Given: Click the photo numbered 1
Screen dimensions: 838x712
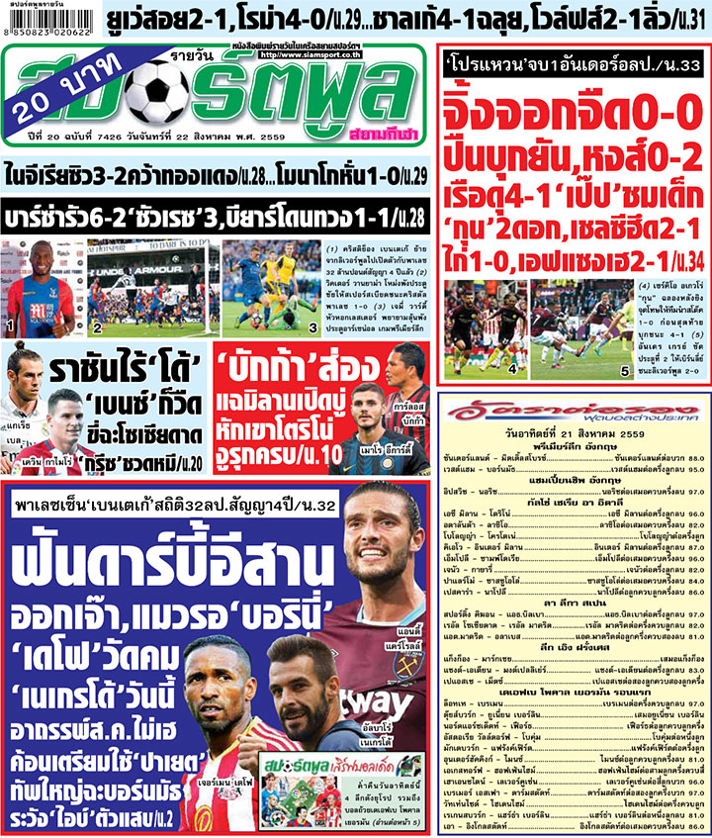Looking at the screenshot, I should [x=41, y=286].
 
